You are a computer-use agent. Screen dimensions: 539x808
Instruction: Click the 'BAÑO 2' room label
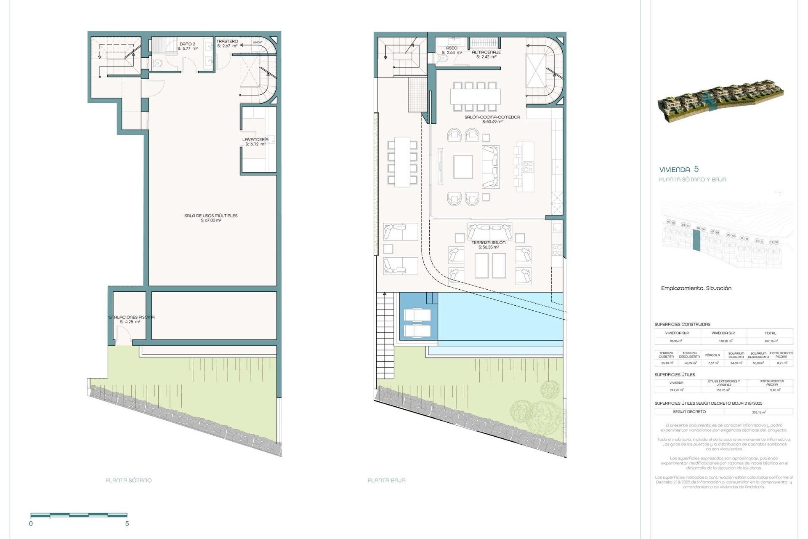[187, 44]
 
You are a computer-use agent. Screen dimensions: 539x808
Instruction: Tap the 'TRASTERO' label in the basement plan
[227, 41]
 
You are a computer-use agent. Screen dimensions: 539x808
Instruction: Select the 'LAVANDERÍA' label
[255, 139]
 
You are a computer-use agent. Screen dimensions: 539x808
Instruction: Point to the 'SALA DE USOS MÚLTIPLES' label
[211, 216]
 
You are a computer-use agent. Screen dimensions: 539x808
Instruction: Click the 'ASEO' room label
[452, 48]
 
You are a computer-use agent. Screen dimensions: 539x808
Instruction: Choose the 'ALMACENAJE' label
[486, 52]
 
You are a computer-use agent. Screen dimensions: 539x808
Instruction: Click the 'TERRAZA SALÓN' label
[488, 243]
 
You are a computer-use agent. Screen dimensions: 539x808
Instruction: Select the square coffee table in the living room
[463, 167]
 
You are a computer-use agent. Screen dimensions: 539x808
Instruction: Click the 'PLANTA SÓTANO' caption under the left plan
[128, 480]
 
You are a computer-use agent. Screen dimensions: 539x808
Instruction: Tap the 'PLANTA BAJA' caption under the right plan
[386, 480]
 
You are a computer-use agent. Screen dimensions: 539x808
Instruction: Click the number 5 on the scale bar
[127, 524]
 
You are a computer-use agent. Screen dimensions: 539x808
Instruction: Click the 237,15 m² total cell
[771, 341]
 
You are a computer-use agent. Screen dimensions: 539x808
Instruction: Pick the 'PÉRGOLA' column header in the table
[712, 355]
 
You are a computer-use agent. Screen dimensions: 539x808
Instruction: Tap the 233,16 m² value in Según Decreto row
[758, 412]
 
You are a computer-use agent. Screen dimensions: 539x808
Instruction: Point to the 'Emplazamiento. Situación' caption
[696, 288]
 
